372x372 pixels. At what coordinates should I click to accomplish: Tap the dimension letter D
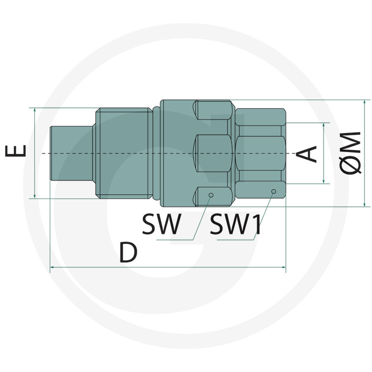point(129,252)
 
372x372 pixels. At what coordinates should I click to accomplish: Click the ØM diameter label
point(350,153)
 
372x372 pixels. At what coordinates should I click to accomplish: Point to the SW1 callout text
point(235,224)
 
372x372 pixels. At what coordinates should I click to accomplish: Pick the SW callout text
point(161,224)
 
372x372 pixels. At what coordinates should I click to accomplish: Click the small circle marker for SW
point(211,195)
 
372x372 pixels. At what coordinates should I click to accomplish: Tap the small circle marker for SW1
point(273,191)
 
